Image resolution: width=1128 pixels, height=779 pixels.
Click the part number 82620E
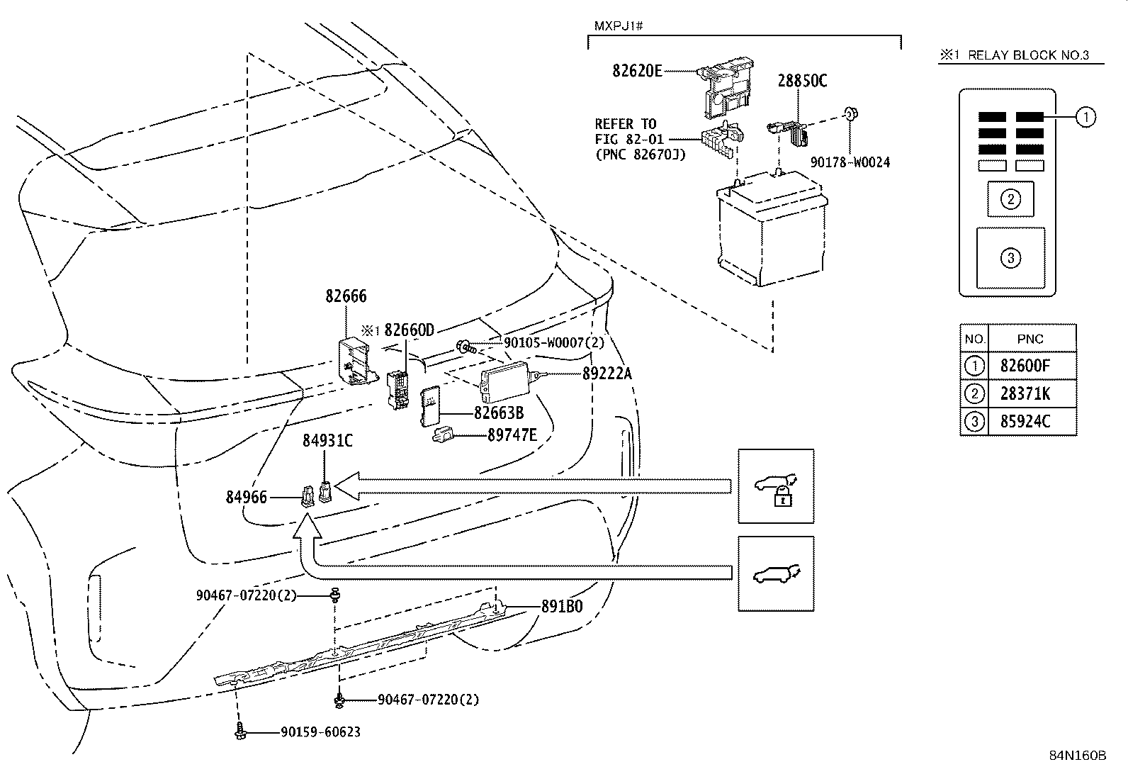point(637,70)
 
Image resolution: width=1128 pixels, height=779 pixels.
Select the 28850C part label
point(802,81)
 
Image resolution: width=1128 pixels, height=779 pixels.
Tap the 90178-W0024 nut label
point(850,162)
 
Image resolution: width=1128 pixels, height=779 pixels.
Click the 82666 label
point(346,296)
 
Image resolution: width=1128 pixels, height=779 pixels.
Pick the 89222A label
point(607,373)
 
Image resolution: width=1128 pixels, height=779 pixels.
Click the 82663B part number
point(499,413)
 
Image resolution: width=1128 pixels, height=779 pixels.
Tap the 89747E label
point(512,435)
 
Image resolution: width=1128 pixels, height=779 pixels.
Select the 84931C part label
point(327,440)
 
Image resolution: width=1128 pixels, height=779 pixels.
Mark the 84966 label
point(247,498)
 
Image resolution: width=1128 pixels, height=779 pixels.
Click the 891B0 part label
point(562,607)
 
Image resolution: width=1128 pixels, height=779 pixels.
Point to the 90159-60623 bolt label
point(320,732)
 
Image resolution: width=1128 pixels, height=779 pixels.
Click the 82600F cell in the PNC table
point(1025,366)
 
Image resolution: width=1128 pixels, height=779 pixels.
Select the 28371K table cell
point(1025,393)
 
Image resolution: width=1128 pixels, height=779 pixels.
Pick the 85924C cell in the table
point(1025,421)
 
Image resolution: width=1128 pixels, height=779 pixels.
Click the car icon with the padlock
point(776,486)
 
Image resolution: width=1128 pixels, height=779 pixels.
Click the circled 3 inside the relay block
point(1010,257)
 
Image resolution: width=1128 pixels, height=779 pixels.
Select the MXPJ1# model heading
point(618,27)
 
